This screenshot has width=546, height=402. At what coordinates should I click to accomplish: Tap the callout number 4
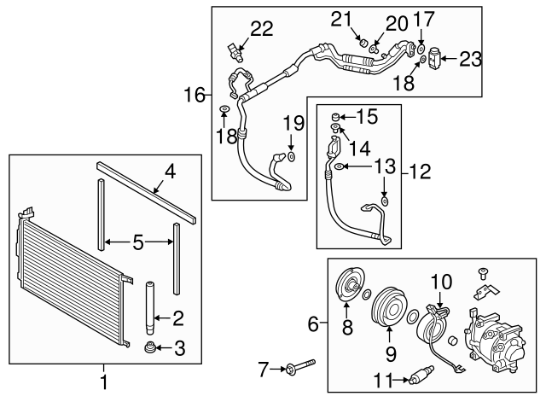tap(170, 172)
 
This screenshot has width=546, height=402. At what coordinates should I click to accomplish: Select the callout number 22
tap(261, 28)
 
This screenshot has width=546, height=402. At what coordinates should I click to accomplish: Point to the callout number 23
tap(471, 59)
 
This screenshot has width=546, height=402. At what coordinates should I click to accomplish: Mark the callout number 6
tap(312, 325)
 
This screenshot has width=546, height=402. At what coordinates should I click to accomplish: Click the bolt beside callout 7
tap(295, 369)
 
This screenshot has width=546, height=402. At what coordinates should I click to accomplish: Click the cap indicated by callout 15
tap(337, 115)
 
